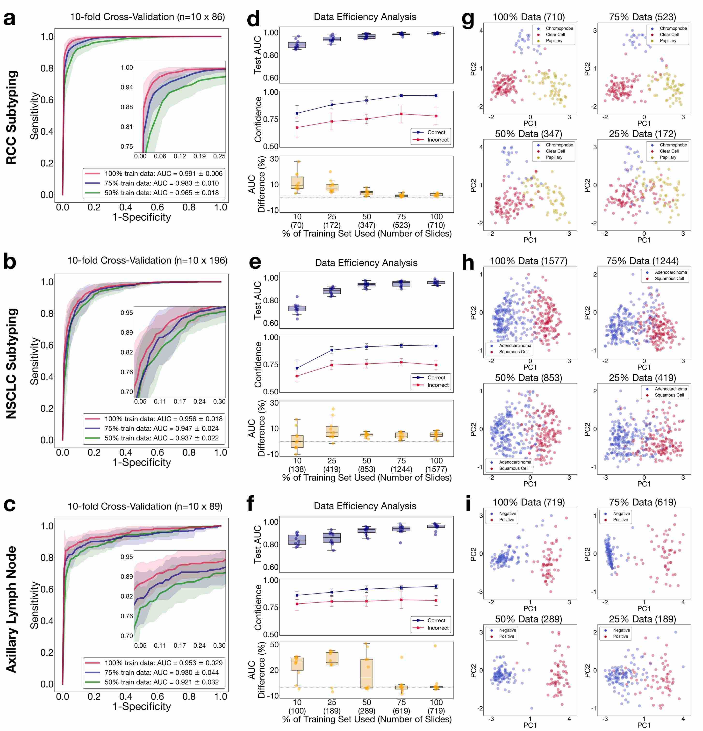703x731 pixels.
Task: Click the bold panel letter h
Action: coord(468,263)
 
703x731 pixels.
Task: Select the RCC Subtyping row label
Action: coord(12,117)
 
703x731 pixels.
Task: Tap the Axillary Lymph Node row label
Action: coord(12,610)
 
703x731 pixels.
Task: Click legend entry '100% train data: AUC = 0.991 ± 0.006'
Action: coord(163,174)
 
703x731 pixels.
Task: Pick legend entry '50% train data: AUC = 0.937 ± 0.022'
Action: coord(161,438)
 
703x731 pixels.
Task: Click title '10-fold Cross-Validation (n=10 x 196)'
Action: coord(147,260)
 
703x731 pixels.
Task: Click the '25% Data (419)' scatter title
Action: coord(642,377)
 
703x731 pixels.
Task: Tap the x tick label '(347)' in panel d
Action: coord(367,225)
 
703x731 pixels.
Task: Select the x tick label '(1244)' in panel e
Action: coord(401,469)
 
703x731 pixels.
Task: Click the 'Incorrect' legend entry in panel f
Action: coord(438,628)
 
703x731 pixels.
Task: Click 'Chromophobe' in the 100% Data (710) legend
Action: coord(559,28)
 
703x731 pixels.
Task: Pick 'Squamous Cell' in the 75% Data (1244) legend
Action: coord(669,279)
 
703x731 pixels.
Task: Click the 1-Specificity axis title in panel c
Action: coord(142,706)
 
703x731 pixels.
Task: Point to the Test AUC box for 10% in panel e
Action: coord(297,308)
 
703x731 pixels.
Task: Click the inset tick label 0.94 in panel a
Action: coord(127,87)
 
